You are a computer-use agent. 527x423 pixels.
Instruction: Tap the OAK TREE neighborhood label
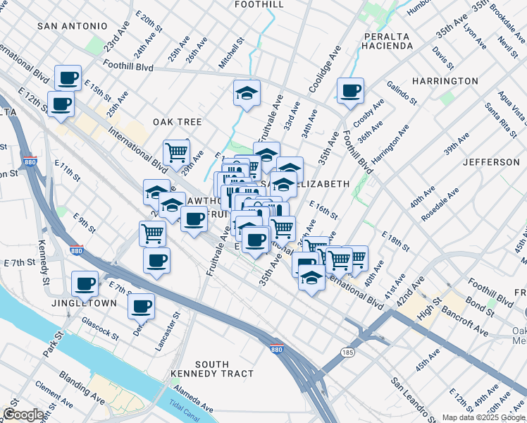(x=178, y=122)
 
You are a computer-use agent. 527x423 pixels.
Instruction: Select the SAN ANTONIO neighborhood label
(x=73, y=26)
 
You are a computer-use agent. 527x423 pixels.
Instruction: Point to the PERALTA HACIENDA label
(x=389, y=41)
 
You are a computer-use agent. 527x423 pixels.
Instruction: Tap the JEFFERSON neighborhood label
(x=491, y=162)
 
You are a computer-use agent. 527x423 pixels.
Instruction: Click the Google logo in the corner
(x=23, y=415)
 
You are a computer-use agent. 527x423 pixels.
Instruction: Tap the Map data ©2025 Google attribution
(x=483, y=417)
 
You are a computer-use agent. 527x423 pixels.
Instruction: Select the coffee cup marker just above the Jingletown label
(x=85, y=285)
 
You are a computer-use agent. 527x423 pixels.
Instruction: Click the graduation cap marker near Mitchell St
(x=247, y=93)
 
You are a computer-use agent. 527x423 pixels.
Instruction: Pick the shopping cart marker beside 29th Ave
(x=176, y=152)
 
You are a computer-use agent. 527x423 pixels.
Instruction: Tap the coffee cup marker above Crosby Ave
(x=350, y=91)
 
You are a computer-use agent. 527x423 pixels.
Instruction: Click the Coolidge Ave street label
(x=324, y=69)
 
